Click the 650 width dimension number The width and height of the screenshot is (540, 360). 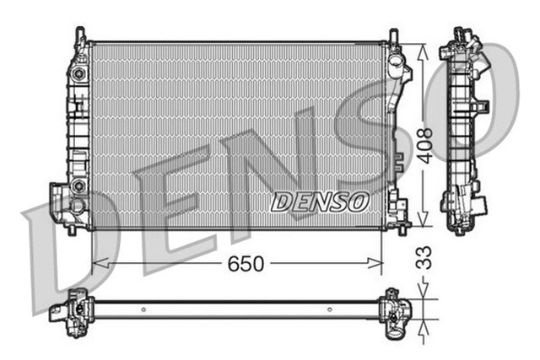click(x=246, y=264)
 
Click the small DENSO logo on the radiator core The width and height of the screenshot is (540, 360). click(x=320, y=202)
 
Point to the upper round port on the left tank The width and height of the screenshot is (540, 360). click(x=78, y=74)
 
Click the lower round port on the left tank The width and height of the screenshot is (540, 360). click(x=78, y=186)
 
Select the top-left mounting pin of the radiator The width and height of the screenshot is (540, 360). click(x=80, y=35)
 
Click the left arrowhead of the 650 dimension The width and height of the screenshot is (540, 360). click(x=95, y=264)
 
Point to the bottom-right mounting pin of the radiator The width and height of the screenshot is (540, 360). click(x=402, y=228)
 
